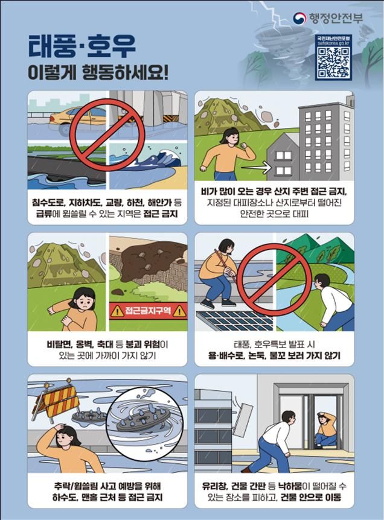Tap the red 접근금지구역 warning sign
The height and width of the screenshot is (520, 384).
point(148,311)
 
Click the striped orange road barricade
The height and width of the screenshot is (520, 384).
point(57,401)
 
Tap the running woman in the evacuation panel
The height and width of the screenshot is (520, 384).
point(223,154)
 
